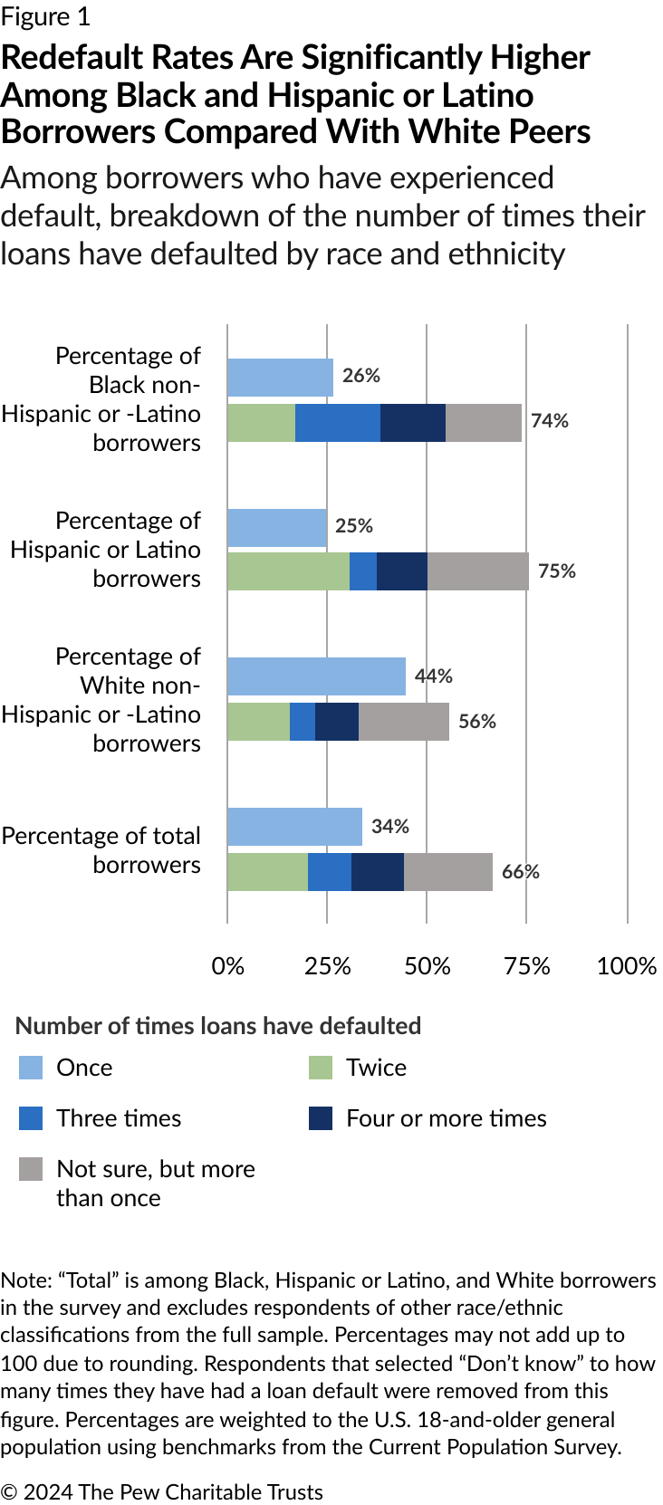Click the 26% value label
[x=360, y=376]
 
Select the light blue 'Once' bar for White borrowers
[x=316, y=676]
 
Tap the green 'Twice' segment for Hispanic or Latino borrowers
[x=288, y=571]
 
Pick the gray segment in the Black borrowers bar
[x=484, y=423]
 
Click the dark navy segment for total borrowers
[x=377, y=872]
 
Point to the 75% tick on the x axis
[x=527, y=966]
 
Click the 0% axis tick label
[x=228, y=966]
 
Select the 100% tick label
[x=627, y=966]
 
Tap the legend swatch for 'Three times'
[x=31, y=1118]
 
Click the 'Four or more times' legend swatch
[x=321, y=1118]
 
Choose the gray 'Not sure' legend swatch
[x=31, y=1169]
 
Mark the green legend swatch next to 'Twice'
[x=321, y=1068]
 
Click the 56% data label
[x=477, y=722]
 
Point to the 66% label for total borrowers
[x=521, y=872]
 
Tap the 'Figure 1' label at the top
[x=45, y=16]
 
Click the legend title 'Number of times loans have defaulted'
[x=218, y=1025]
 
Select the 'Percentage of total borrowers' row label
[x=101, y=849]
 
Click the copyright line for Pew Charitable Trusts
[x=161, y=1491]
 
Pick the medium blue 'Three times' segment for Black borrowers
[x=337, y=423]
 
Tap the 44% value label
[x=434, y=676]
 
